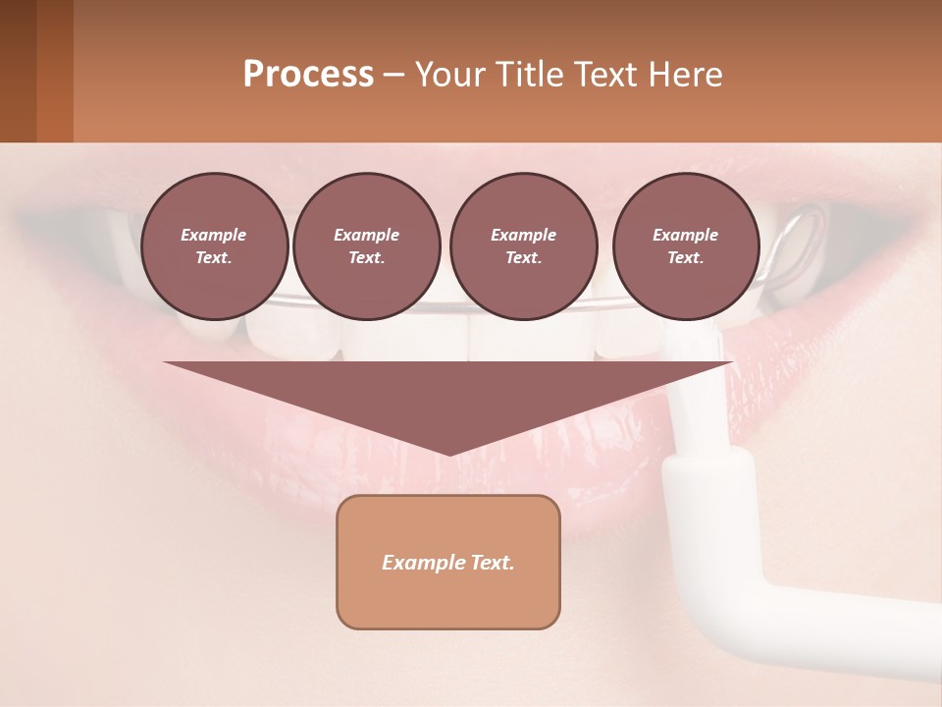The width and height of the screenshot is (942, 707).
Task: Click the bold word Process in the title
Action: (308, 75)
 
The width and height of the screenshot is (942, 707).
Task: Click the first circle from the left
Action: (214, 246)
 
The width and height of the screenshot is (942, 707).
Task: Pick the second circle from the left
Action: (366, 246)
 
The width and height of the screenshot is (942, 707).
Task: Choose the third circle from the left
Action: (523, 246)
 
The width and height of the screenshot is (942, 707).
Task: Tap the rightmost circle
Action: (686, 246)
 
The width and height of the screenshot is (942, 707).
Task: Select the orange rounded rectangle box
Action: (448, 562)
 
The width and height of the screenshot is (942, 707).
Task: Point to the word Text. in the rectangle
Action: (492, 563)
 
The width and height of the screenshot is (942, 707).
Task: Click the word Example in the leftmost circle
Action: (214, 235)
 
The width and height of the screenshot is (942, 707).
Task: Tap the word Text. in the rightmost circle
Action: (686, 258)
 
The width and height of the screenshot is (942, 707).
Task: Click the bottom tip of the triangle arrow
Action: (448, 453)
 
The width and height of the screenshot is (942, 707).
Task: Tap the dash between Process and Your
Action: (393, 76)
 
